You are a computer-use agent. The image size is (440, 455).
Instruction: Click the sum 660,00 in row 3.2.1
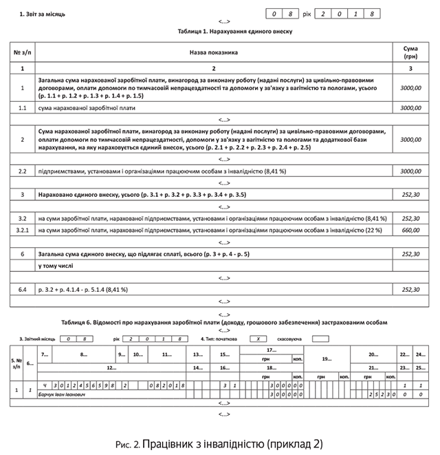(x=410, y=230)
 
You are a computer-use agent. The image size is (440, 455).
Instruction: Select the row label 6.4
(x=22, y=290)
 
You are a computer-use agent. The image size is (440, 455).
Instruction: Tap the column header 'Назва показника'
(x=213, y=52)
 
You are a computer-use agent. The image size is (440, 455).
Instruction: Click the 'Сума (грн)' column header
(x=410, y=52)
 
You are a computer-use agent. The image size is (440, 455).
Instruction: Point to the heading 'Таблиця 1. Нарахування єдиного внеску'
(x=224, y=32)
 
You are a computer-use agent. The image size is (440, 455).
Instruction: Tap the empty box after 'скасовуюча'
(x=320, y=339)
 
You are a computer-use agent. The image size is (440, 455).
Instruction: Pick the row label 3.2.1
(x=22, y=230)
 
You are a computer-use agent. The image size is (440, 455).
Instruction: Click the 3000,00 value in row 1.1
(x=410, y=108)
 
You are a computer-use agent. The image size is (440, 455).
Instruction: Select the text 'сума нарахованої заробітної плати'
(x=87, y=108)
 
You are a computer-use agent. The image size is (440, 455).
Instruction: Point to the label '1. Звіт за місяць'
(x=43, y=14)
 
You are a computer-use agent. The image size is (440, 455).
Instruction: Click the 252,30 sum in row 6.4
(x=410, y=290)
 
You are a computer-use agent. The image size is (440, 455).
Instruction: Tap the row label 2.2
(x=22, y=170)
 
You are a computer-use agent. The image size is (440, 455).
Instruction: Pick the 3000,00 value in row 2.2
(x=410, y=170)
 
